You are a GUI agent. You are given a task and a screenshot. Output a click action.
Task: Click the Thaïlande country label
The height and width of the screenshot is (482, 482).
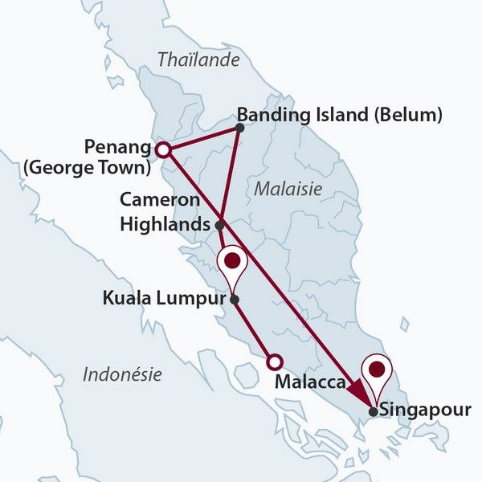pos(198,59)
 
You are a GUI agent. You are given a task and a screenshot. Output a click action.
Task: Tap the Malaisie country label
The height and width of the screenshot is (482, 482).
pos(288,189)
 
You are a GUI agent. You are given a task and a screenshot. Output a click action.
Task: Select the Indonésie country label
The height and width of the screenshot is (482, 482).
pos(122,374)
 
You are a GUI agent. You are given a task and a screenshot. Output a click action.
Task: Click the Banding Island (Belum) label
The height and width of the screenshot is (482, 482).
pos(341,115)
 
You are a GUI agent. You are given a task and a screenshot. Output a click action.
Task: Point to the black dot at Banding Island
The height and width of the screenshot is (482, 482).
pos(239,127)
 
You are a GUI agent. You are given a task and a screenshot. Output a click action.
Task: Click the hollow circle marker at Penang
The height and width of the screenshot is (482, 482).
pos(162,149)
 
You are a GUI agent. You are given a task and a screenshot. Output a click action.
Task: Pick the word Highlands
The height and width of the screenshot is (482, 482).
pos(164,224)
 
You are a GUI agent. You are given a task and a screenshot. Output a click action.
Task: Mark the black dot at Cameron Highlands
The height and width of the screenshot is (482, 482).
pos(220,224)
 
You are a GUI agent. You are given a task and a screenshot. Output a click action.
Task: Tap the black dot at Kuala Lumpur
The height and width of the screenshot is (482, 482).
pos(234,300)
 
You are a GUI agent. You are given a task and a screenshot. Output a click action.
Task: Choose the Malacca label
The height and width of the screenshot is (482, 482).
pos(311,382)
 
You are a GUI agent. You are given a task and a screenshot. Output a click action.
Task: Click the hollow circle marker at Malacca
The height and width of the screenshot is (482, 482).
pos(275,361)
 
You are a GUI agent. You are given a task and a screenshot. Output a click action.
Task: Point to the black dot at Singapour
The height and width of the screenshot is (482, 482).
pos(374,412)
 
